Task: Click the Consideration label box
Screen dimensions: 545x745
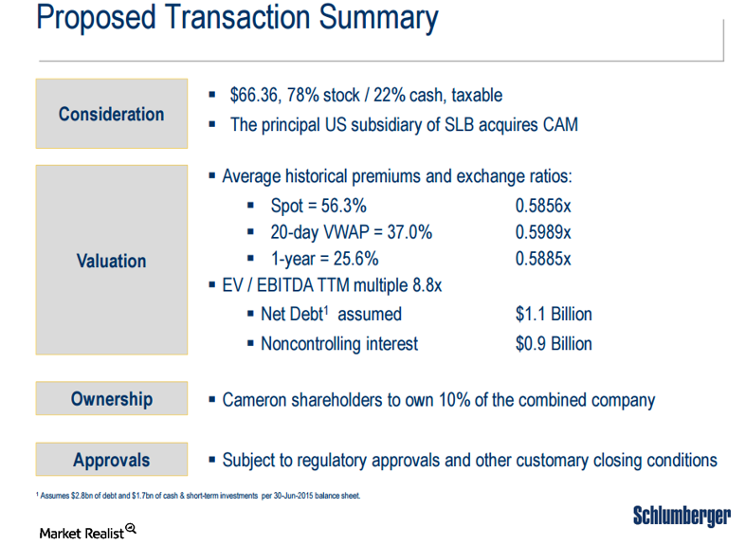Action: click(x=111, y=114)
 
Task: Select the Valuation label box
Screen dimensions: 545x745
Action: click(x=111, y=261)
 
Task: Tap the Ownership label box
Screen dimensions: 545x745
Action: click(x=111, y=399)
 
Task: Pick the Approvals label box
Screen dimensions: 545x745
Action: click(x=111, y=461)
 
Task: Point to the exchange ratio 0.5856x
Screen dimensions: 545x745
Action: click(x=543, y=206)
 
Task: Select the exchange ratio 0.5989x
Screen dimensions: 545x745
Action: click(x=543, y=232)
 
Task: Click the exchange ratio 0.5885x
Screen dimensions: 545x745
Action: click(x=543, y=259)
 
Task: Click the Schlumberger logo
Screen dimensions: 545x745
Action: click(x=681, y=517)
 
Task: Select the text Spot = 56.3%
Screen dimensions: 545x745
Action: click(x=318, y=206)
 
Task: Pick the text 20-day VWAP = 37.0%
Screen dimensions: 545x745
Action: click(x=345, y=232)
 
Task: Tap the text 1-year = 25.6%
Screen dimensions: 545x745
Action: click(x=324, y=259)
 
